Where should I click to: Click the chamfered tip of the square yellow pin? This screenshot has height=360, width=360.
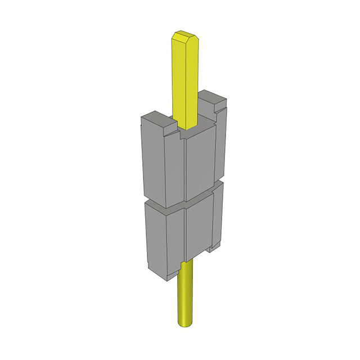pos(184,37)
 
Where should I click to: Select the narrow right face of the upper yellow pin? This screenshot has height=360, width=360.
pos(193,79)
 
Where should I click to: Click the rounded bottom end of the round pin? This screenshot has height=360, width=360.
pos(186,324)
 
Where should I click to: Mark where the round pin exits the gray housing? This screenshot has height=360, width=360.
pos(186,264)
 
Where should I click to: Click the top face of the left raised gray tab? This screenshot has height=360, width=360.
pos(155,118)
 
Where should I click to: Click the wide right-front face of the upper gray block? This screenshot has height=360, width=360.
pos(200,163)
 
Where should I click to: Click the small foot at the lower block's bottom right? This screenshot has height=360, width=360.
pos(213,247)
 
